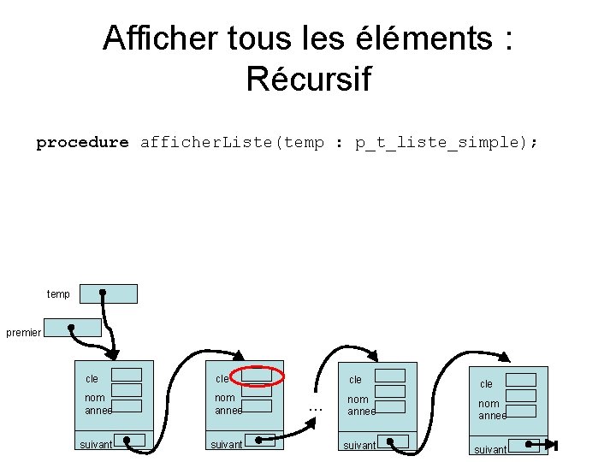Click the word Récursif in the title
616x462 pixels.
[x=308, y=79]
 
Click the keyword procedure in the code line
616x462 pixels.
[x=82, y=143]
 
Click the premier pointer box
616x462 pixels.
[x=73, y=328]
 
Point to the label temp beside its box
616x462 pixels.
[x=58, y=294]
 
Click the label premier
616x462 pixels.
[x=23, y=333]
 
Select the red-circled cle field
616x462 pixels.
[x=256, y=375]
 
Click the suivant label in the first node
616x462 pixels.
[x=96, y=445]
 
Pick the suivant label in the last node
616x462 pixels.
[x=490, y=449]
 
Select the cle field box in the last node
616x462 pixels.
[x=521, y=380]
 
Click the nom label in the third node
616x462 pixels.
[x=358, y=400]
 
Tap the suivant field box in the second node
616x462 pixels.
[x=266, y=441]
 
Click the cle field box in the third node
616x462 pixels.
[x=390, y=376]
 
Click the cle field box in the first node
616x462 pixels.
[x=127, y=375]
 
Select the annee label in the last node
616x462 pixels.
[x=492, y=416]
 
